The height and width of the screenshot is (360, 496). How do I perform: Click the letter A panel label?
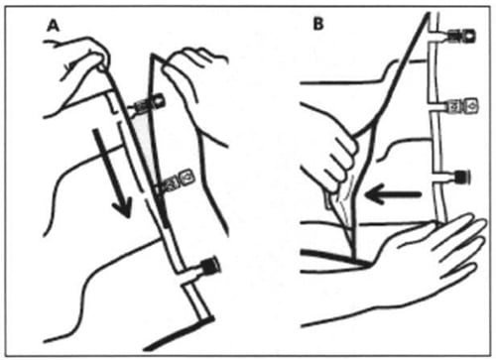(54, 26)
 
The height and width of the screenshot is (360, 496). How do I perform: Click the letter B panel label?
(317, 24)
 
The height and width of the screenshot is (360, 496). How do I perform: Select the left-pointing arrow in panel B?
(393, 193)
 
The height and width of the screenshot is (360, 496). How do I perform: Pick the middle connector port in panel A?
(177, 180)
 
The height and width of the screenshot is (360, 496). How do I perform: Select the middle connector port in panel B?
(461, 106)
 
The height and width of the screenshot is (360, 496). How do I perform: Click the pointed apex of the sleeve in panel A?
(152, 55)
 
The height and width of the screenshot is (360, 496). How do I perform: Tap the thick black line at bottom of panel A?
(179, 333)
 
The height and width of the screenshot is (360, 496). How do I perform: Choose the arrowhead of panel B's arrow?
(374, 193)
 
